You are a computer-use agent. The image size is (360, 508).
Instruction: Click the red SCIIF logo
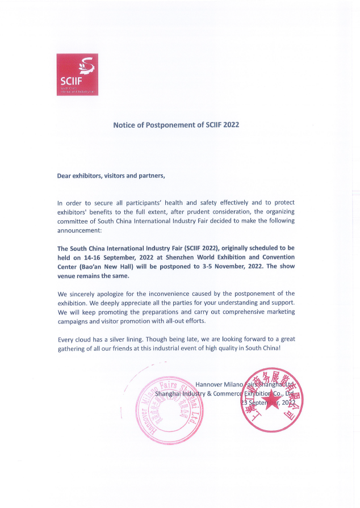tap(77, 74)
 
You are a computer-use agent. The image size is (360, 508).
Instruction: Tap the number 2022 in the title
tap(231, 124)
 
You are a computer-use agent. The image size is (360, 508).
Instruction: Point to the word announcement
tap(78, 229)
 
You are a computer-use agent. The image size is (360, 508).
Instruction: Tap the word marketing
tap(279, 312)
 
